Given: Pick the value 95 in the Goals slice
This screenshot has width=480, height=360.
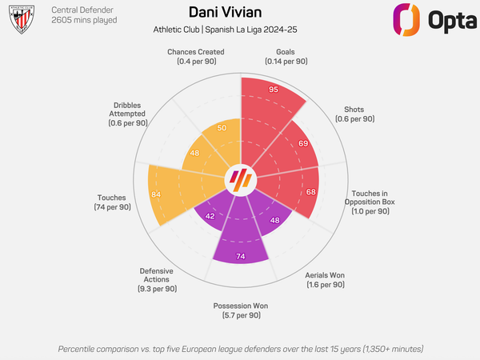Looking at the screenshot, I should pos(274,90).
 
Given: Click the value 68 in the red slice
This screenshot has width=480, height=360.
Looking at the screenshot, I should pos(310,192).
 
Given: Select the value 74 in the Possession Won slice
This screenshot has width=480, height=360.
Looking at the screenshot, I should pos(240,256).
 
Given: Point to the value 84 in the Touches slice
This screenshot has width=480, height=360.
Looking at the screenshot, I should pos(156,194).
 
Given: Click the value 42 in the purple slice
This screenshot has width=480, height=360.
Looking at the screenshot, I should pos(210,216).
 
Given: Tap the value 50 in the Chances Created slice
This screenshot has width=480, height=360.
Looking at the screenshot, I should pos(222,128).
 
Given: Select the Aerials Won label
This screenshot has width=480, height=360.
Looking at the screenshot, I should pos(326,279).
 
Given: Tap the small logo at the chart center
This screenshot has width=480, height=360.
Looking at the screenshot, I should pos(240,180).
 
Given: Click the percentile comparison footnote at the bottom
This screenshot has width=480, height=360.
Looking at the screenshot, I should pos(240,349).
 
